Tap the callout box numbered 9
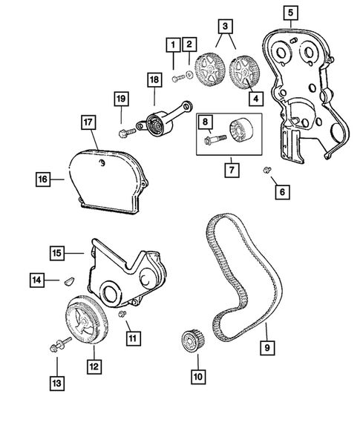(x=265, y=346)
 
